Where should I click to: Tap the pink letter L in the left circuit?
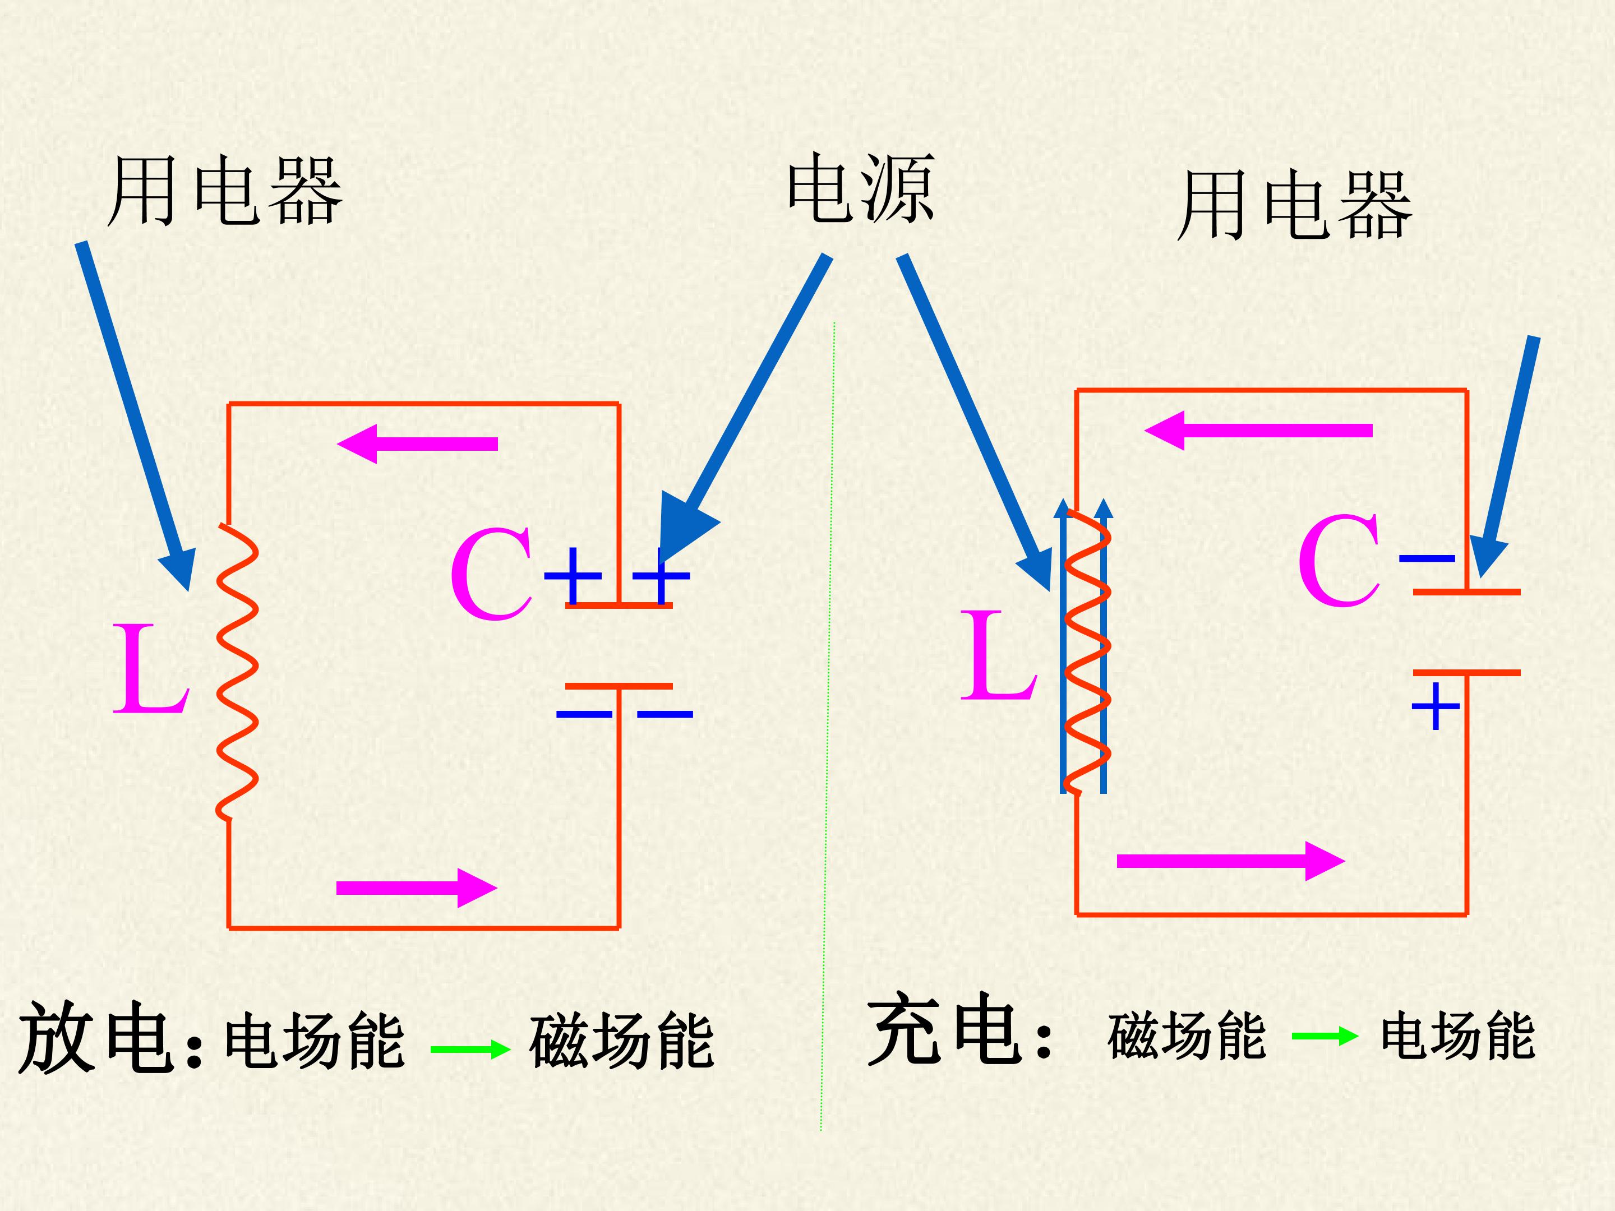click(151, 668)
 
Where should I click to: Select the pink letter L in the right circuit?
click(998, 655)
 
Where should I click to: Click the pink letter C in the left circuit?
click(491, 575)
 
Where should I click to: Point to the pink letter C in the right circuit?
click(1339, 561)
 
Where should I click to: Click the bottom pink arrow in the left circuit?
click(417, 888)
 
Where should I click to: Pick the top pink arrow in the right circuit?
click(1258, 431)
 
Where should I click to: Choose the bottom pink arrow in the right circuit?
click(1231, 861)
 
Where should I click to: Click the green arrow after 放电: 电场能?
click(470, 1050)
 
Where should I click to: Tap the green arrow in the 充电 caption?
click(1325, 1036)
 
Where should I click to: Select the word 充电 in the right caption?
click(943, 1029)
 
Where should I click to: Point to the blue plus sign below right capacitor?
click(1436, 706)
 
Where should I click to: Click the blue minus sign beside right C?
click(1427, 559)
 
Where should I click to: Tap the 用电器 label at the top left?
click(225, 191)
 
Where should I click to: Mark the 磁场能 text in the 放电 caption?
click(621, 1041)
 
